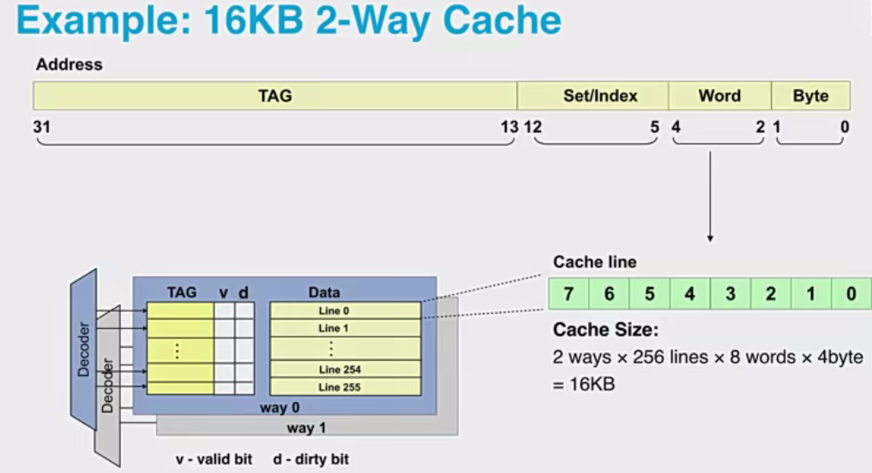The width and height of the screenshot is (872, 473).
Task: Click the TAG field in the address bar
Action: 274,96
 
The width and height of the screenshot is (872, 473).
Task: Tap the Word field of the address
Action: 719,96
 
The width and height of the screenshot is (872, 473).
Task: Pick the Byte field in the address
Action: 810,96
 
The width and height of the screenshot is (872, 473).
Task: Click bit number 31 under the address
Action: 41,127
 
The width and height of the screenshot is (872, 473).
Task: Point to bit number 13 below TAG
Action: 509,127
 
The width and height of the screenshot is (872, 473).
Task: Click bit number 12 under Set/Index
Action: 532,127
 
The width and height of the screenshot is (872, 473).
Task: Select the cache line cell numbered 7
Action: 568,294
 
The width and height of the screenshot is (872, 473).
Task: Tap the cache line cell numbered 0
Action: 851,294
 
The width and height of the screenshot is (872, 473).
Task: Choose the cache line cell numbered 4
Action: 689,294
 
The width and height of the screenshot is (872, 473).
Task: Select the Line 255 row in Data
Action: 346,387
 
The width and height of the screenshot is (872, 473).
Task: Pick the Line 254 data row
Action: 346,369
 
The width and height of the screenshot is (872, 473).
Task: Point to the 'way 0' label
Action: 280,408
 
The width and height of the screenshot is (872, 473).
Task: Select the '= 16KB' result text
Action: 584,385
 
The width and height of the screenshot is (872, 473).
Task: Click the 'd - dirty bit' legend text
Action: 311,459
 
